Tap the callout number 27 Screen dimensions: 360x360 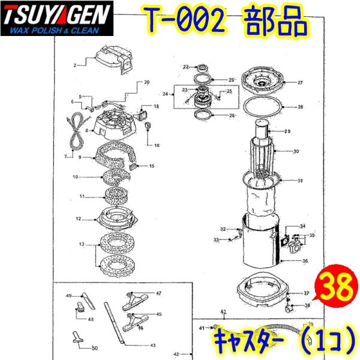pyautogui.click(x=300, y=83)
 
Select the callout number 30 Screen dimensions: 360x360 pyautogui.click(x=295, y=152)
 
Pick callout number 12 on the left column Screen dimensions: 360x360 pyautogui.click(x=78, y=219)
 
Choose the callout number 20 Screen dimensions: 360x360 pyautogui.click(x=146, y=82)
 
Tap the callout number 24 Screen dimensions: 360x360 pyautogui.click(x=165, y=94)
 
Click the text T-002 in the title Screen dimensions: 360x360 pyautogui.click(x=185, y=23)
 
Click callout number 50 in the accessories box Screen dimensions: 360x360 pyautogui.click(x=94, y=348)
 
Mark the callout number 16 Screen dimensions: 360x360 pyautogui.click(x=157, y=146)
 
